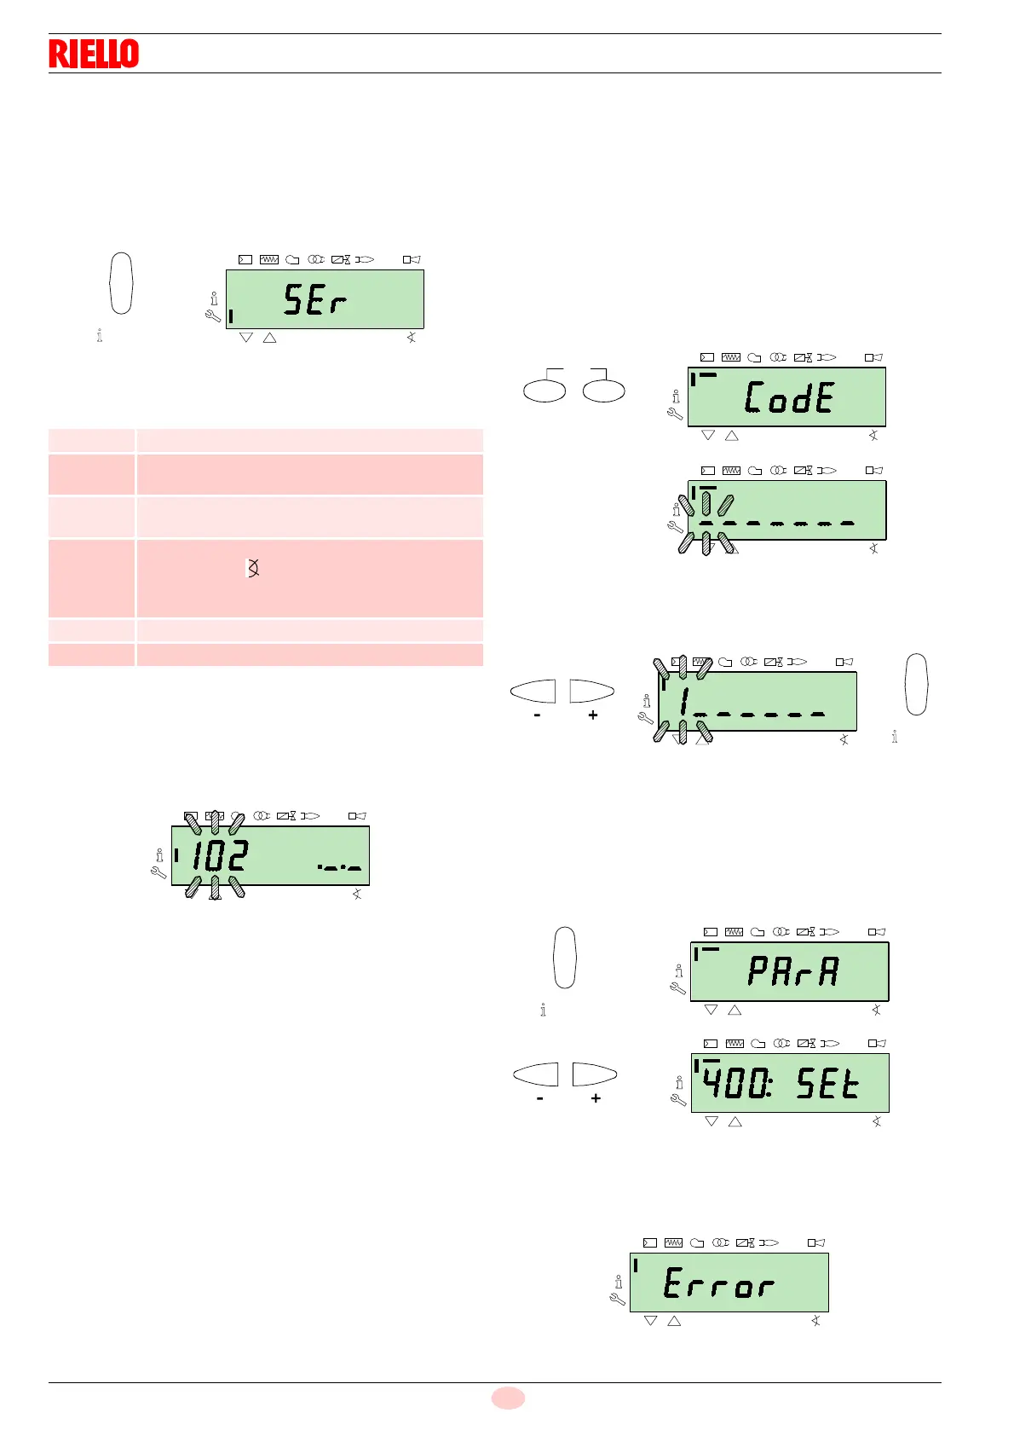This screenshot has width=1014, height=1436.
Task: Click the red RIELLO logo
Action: [x=94, y=54]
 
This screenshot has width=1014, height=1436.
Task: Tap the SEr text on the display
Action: [x=315, y=300]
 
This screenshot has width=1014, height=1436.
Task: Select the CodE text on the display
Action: [x=789, y=397]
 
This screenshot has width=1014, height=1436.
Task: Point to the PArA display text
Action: [x=793, y=971]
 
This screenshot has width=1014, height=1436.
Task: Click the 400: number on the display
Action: [x=737, y=1083]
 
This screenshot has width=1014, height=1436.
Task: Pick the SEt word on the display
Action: [x=827, y=1083]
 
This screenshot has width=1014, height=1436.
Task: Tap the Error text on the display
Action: [x=718, y=1283]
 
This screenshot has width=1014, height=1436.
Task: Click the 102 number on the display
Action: [x=220, y=855]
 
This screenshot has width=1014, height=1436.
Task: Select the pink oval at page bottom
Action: [x=508, y=1398]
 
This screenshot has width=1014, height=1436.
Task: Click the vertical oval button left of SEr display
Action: [x=122, y=283]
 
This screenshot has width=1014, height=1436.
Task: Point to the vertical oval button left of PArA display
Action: [x=565, y=957]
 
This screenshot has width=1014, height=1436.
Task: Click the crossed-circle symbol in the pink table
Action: [x=253, y=568]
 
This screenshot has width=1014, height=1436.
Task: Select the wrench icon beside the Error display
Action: [x=618, y=1300]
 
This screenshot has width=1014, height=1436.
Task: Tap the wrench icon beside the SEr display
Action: [x=213, y=316]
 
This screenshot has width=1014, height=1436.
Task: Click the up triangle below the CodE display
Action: [x=731, y=436]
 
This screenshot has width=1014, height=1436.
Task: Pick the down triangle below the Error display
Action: [x=651, y=1321]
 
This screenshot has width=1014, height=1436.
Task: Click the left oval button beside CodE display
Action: [x=544, y=391]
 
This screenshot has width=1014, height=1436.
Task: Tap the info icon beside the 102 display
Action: [x=159, y=854]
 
